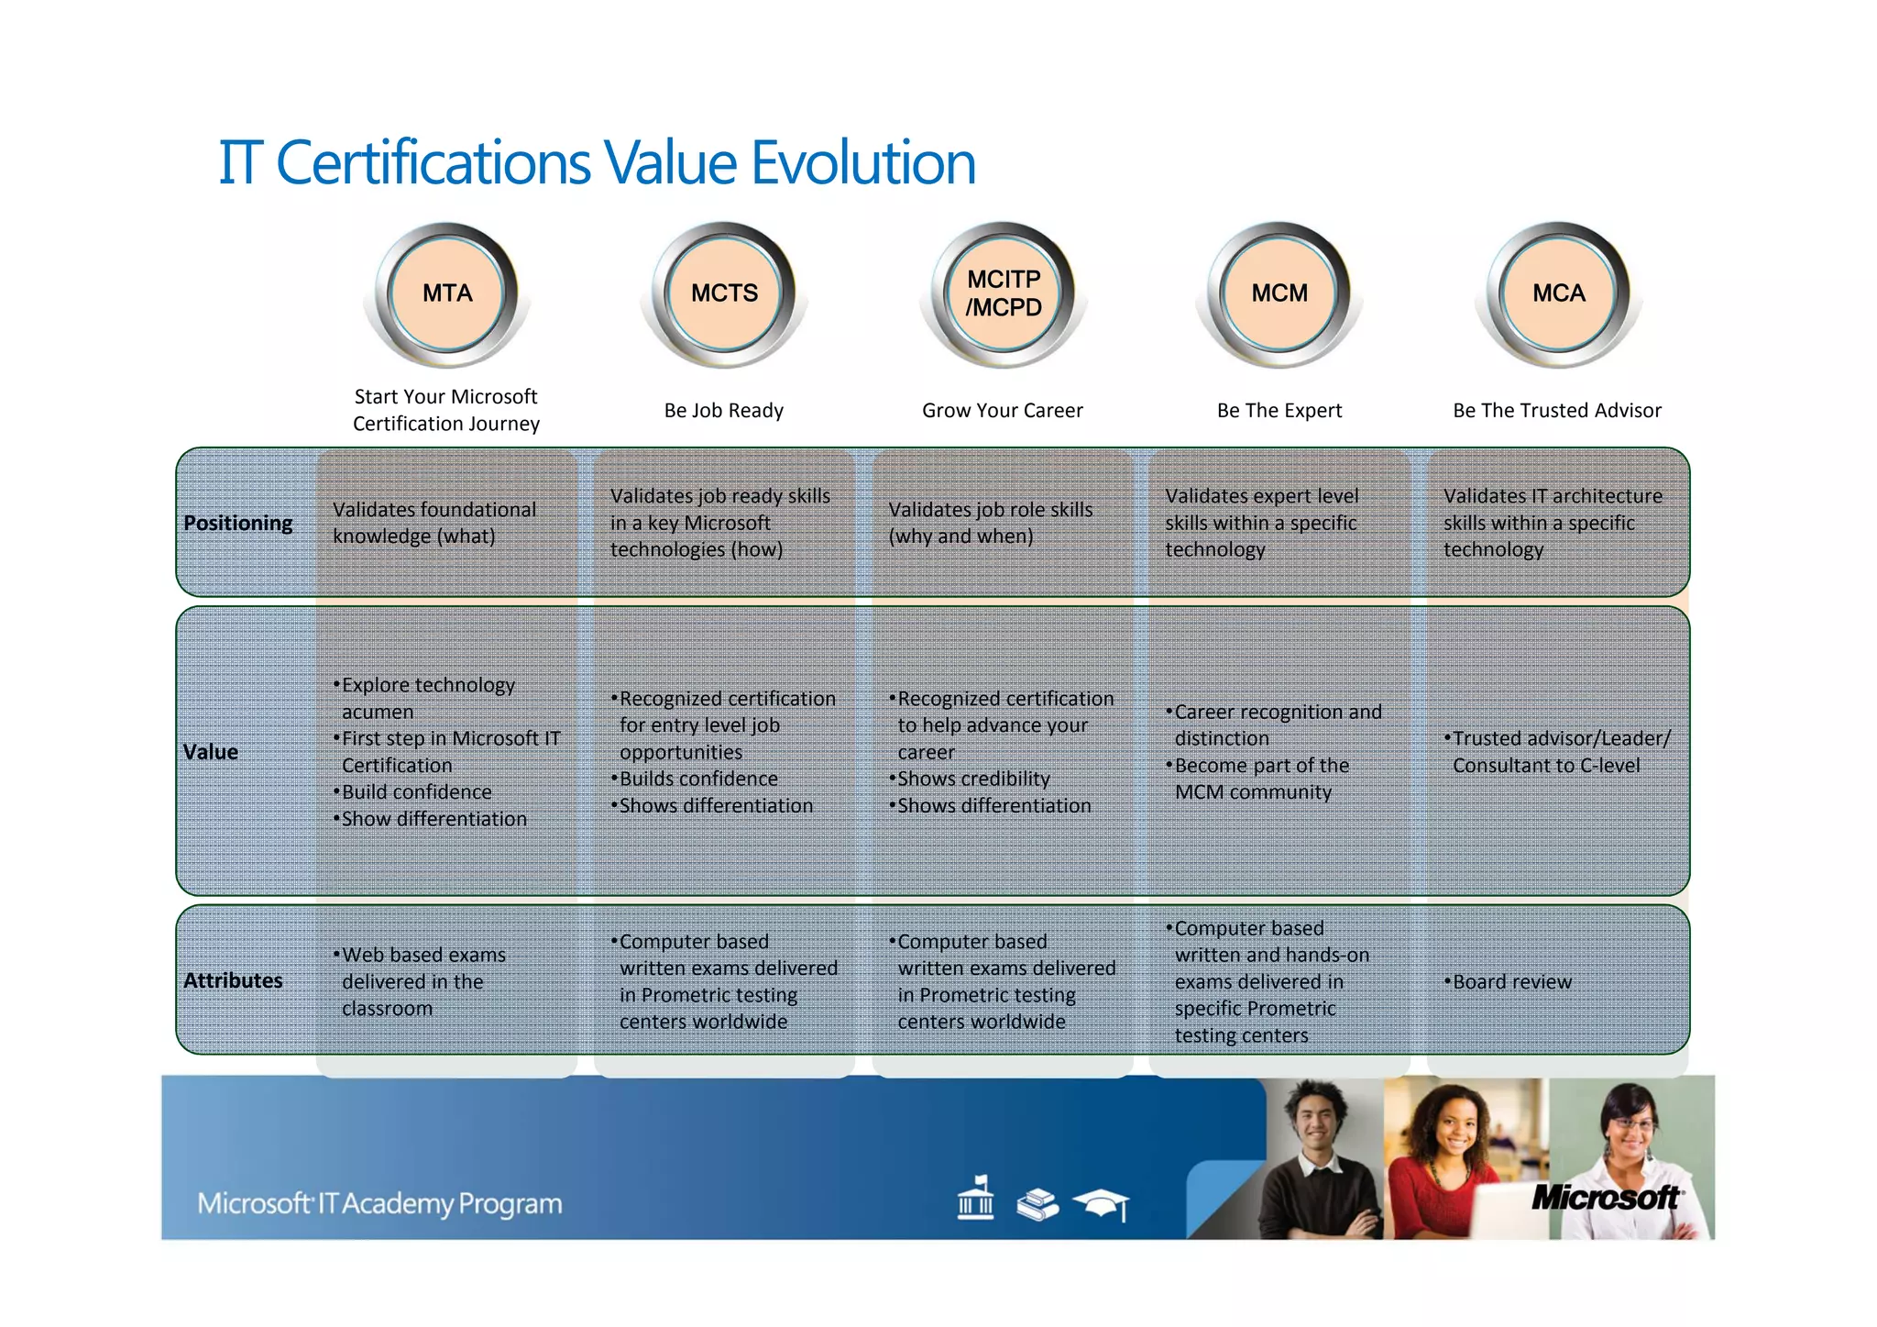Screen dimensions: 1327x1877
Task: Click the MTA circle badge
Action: (x=447, y=293)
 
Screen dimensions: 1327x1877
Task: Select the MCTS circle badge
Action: (x=724, y=293)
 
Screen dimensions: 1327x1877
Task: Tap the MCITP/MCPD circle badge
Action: (x=1004, y=293)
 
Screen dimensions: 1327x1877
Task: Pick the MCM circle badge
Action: (x=1279, y=293)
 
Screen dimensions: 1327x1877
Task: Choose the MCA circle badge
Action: (x=1558, y=293)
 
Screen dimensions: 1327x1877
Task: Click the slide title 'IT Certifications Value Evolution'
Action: (x=597, y=162)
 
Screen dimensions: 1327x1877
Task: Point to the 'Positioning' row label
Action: (x=238, y=523)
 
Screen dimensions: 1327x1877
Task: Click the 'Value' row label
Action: (x=211, y=752)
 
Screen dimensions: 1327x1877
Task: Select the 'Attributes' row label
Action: (x=233, y=980)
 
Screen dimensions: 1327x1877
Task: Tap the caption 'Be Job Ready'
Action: (x=724, y=410)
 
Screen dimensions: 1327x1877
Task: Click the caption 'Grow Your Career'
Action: (x=1003, y=410)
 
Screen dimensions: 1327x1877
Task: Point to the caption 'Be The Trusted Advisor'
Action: (x=1557, y=410)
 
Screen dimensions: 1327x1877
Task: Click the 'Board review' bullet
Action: (x=1510, y=981)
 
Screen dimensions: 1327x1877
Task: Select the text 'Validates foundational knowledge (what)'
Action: (x=434, y=523)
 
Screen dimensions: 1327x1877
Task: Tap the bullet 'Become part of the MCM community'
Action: (x=1260, y=779)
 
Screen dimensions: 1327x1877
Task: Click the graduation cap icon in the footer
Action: (x=1103, y=1203)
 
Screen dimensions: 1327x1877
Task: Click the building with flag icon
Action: (x=976, y=1198)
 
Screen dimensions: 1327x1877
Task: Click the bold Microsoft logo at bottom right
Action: (x=1606, y=1197)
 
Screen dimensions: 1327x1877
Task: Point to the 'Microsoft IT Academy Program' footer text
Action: (x=379, y=1203)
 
